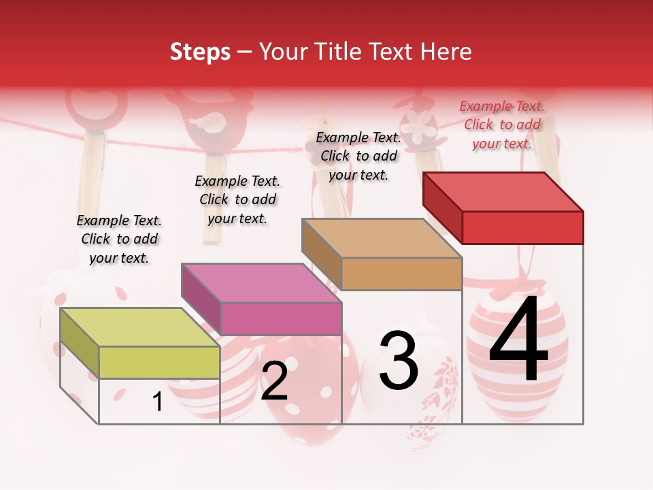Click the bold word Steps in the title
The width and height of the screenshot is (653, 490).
200,52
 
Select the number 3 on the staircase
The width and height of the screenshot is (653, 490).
399,361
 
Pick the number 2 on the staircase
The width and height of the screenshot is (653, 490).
274,381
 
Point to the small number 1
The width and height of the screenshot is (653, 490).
158,402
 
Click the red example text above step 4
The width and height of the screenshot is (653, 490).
502,125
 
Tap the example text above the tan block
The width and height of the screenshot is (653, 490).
358,156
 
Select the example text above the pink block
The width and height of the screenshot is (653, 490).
237,199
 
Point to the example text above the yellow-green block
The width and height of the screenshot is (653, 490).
119,239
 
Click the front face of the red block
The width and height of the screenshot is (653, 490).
522,227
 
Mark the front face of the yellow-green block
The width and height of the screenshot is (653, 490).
159,362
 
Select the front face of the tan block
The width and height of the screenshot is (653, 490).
401,274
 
